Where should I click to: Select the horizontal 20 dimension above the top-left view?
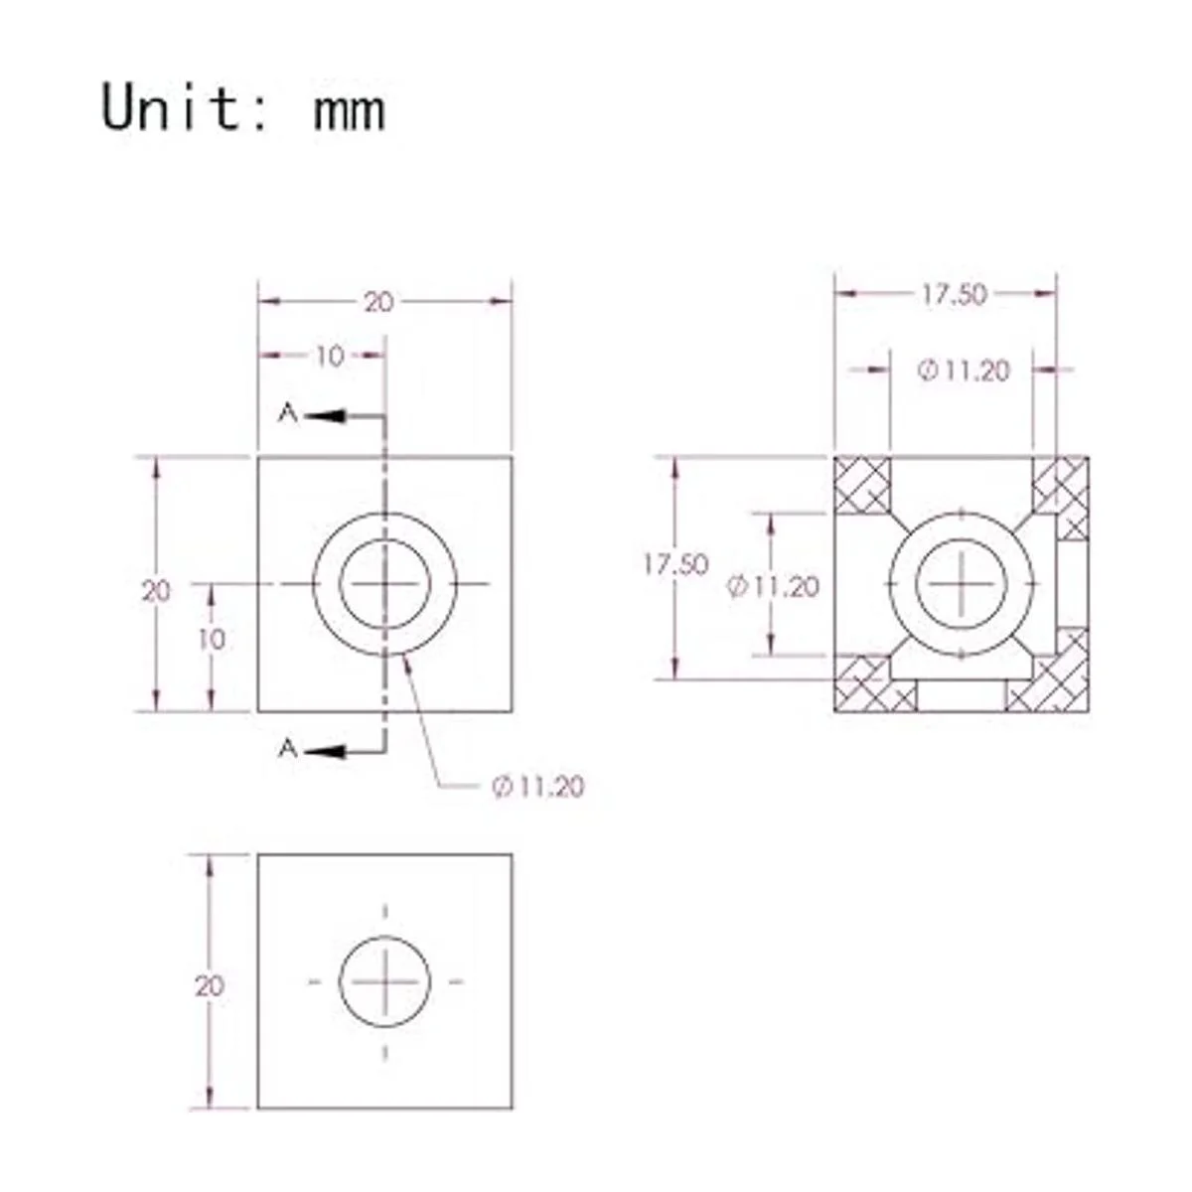click(378, 302)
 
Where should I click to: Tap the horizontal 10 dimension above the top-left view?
click(329, 356)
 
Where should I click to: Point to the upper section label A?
click(287, 413)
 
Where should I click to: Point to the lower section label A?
click(287, 748)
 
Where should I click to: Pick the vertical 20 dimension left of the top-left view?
click(156, 591)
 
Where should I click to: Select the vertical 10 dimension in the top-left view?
click(211, 640)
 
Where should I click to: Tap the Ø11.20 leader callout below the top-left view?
click(537, 787)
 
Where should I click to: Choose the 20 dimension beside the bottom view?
click(210, 986)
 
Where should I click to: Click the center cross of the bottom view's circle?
click(385, 981)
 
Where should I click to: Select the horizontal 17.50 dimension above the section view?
click(953, 294)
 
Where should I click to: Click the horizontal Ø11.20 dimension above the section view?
click(963, 371)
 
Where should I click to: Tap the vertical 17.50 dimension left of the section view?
click(674, 564)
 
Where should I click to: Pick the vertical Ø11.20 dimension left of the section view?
click(774, 587)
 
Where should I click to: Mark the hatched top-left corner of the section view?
click(860, 484)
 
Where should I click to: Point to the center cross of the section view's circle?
click(962, 583)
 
